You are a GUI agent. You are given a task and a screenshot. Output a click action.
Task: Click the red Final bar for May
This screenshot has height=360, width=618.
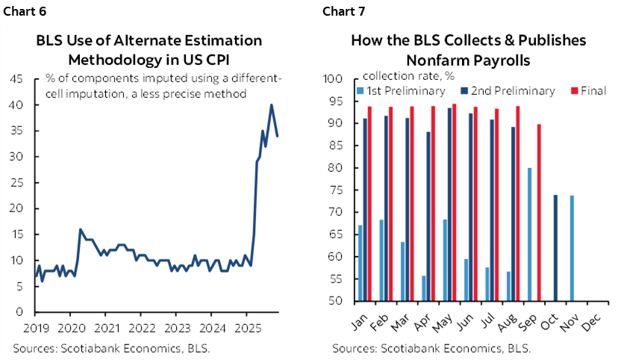pos(454,202)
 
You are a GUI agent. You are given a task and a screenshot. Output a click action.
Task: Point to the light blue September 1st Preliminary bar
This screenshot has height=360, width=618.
pos(529,235)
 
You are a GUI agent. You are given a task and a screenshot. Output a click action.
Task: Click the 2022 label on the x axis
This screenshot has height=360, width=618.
pos(141,327)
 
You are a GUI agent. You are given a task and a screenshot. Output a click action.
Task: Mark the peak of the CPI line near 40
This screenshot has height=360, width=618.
pos(271,105)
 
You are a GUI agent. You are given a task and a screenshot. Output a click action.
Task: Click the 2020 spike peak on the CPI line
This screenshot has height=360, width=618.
pos(80,229)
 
